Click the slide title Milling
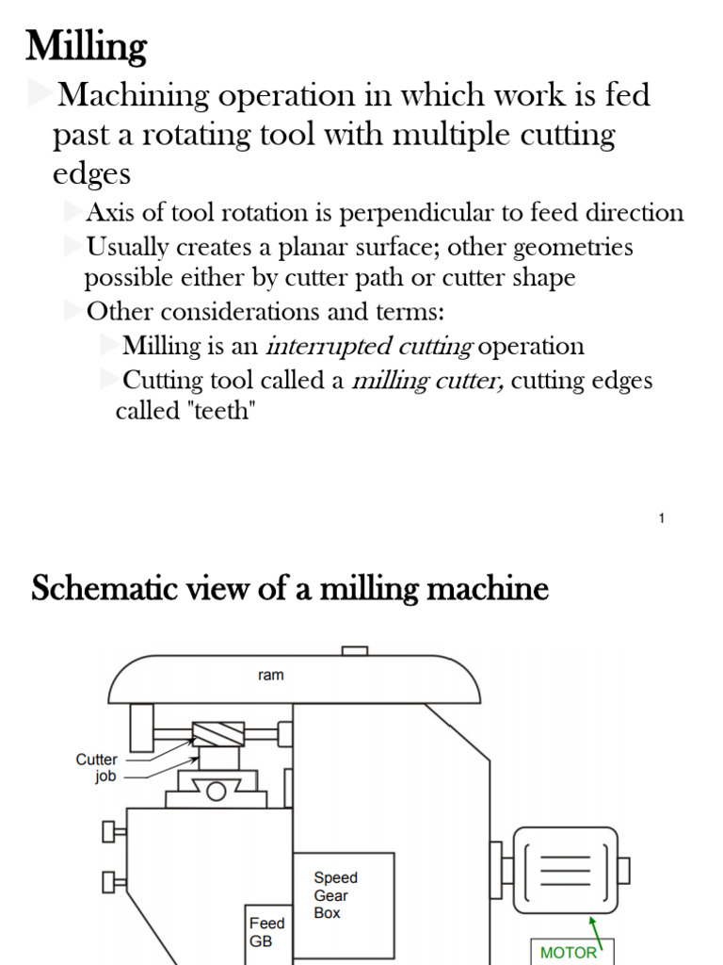[86, 46]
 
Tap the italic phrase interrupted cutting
[369, 346]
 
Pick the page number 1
[662, 518]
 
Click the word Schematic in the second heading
[99, 589]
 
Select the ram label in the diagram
[270, 675]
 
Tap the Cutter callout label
[97, 760]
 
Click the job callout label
[105, 777]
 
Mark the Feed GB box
[267, 932]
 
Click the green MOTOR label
[568, 952]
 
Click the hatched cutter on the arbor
[217, 734]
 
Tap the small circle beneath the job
[216, 790]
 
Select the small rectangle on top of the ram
[354, 650]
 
